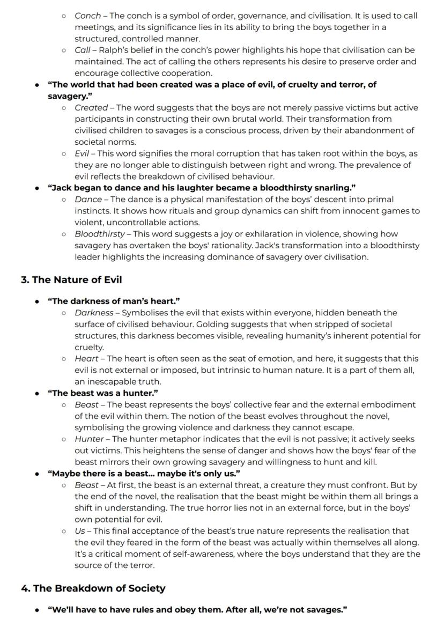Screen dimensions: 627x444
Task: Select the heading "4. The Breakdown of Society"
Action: pyautogui.click(x=93, y=588)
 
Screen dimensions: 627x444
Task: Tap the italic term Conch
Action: pyautogui.click(x=87, y=16)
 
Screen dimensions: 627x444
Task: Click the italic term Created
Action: pyautogui.click(x=91, y=108)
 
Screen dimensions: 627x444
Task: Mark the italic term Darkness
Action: pyautogui.click(x=94, y=313)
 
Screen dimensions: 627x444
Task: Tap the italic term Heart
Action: pyautogui.click(x=86, y=358)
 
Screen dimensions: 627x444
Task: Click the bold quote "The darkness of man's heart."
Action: pyautogui.click(x=114, y=301)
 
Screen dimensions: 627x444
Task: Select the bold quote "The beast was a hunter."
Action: pyautogui.click(x=103, y=393)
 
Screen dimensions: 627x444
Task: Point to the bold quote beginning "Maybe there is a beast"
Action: pyautogui.click(x=144, y=474)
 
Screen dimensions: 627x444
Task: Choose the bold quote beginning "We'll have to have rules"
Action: pyautogui.click(x=197, y=610)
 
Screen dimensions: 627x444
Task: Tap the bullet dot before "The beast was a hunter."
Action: pyautogui.click(x=36, y=393)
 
